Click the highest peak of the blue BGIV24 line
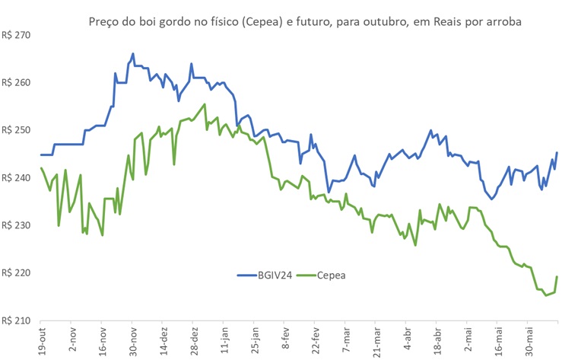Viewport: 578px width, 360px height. click(x=133, y=54)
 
